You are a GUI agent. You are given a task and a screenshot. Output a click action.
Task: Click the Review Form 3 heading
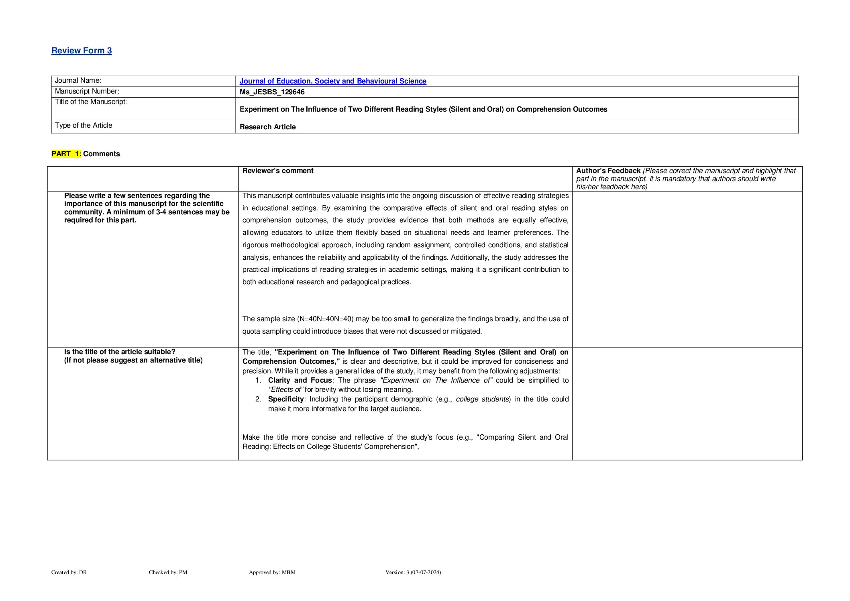click(82, 51)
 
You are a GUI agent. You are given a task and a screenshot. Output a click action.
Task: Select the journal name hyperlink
click(332, 81)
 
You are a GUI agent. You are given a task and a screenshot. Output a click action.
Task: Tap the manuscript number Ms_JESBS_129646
click(272, 92)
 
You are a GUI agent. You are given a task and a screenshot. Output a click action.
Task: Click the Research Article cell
click(267, 127)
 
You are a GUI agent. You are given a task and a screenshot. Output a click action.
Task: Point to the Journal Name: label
click(78, 80)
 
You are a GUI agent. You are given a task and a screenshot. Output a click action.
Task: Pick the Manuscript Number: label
click(87, 91)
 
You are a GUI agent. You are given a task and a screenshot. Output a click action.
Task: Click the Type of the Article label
click(84, 125)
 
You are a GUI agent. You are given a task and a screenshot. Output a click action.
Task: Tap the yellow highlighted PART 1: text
click(66, 154)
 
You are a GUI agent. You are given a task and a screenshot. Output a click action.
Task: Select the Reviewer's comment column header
click(278, 171)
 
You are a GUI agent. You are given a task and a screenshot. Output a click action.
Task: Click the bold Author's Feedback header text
click(608, 171)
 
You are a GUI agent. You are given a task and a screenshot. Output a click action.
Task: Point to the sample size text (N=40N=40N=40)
click(325, 319)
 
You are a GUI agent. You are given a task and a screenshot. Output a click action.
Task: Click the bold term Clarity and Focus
click(300, 380)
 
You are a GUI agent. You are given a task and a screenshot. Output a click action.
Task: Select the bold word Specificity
click(286, 399)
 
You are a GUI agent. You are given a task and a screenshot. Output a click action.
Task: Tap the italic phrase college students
click(482, 399)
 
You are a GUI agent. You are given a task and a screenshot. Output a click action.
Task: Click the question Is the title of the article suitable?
click(120, 352)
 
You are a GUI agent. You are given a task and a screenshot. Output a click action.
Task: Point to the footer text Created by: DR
click(69, 572)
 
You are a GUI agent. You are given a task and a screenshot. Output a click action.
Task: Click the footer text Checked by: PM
click(168, 572)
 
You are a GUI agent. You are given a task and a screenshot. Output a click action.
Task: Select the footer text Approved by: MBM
click(272, 572)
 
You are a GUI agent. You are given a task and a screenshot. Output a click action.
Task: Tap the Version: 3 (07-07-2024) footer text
click(413, 572)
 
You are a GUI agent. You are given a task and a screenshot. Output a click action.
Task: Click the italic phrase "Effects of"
click(285, 389)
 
